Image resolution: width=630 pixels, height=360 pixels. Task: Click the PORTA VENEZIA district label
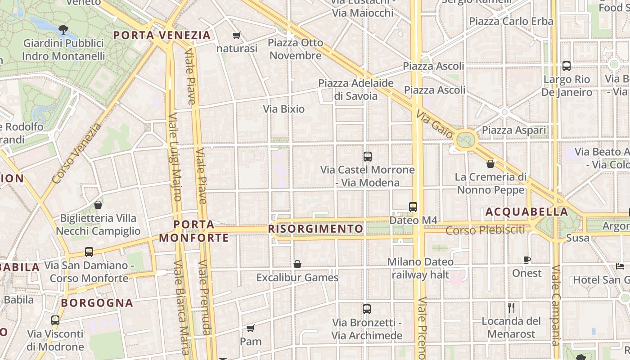(162, 35)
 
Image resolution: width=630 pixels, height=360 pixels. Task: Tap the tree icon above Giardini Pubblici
(63, 30)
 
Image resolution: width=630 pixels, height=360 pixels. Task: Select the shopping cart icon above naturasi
(237, 35)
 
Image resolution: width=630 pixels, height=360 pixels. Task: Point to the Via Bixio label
(283, 109)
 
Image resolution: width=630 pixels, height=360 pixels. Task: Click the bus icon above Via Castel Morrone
(368, 157)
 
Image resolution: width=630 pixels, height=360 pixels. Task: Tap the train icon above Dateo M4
(413, 207)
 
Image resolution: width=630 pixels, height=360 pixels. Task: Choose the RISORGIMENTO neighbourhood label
(315, 229)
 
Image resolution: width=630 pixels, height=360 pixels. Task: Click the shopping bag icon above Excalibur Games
(297, 264)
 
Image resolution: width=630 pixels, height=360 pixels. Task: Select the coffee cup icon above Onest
(527, 260)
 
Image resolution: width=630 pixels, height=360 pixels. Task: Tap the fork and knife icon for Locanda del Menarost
(511, 308)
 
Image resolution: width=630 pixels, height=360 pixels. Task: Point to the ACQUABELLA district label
(527, 211)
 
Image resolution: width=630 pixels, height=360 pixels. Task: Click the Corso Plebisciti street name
(485, 230)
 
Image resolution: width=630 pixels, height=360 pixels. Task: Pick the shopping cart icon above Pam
(251, 328)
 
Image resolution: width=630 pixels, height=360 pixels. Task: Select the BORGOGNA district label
(97, 303)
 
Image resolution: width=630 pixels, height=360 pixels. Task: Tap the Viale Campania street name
(556, 310)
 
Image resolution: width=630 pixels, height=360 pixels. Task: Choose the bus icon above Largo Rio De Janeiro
(567, 66)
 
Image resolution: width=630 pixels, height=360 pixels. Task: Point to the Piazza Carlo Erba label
(511, 21)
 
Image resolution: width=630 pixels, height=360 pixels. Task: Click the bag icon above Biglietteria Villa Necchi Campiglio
(98, 205)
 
